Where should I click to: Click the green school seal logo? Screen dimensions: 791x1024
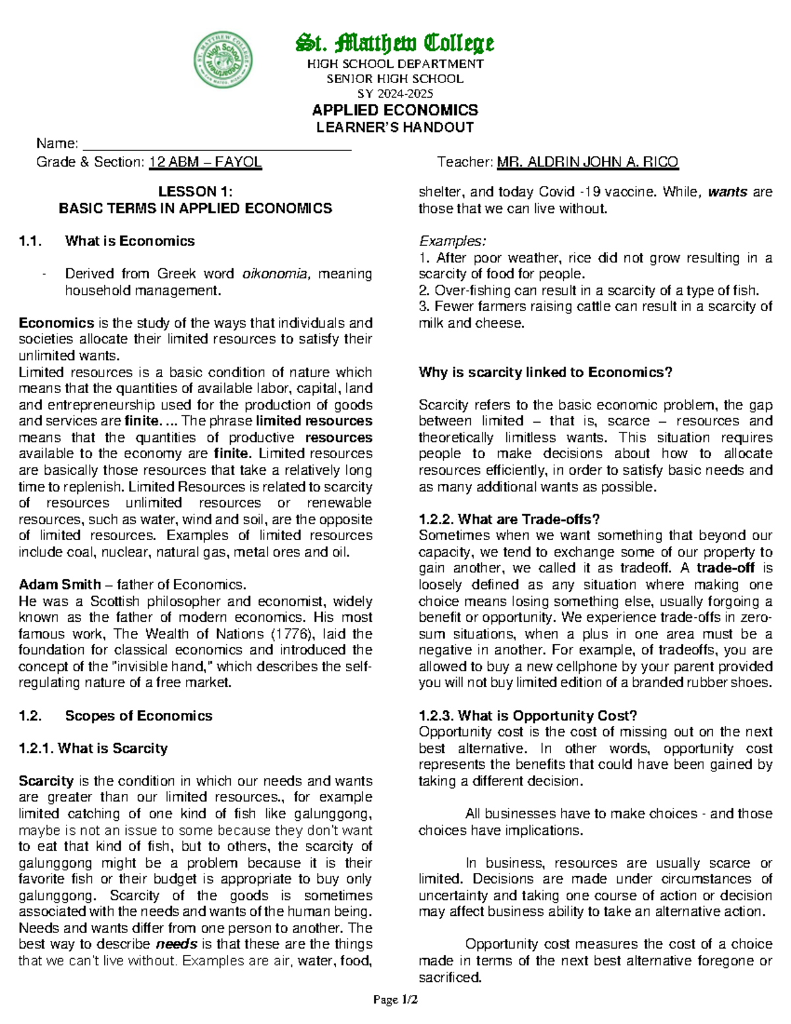point(223,60)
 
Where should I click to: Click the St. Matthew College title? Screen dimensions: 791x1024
point(395,43)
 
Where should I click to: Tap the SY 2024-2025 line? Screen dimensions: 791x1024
point(395,94)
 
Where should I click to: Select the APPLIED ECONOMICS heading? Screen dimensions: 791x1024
point(395,110)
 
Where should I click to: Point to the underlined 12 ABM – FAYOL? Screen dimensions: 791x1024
point(206,162)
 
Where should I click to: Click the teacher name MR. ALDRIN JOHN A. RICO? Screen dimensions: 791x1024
point(587,162)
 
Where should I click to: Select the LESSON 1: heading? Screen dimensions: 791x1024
point(195,192)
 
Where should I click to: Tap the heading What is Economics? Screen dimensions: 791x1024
point(130,241)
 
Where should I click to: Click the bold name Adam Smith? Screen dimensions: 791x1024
point(59,585)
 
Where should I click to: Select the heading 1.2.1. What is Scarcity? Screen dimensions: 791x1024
point(93,748)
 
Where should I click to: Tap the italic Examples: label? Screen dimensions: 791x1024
point(452,241)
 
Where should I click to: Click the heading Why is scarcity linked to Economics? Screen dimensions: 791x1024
point(545,373)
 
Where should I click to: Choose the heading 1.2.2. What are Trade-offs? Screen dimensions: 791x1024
point(509,520)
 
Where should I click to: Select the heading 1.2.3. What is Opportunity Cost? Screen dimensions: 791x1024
point(527,716)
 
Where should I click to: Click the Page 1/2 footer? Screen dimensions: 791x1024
point(395,1000)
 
